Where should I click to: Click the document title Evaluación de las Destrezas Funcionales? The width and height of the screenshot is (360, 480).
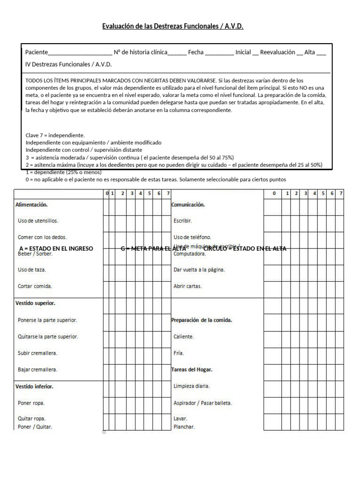(x=172, y=26)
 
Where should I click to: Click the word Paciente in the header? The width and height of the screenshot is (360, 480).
(x=37, y=52)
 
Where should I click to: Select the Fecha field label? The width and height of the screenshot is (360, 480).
(x=195, y=52)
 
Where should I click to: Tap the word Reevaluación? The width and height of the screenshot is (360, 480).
(x=277, y=52)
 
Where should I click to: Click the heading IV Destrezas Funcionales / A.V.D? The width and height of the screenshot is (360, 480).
(x=68, y=64)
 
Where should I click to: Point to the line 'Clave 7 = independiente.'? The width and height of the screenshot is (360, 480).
(x=55, y=135)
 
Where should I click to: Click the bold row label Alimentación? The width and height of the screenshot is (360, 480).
(x=31, y=205)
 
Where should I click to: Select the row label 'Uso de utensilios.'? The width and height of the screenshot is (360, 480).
(x=38, y=221)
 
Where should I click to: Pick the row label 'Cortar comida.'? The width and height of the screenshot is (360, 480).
(x=35, y=286)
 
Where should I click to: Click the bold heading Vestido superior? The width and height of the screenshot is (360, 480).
(x=35, y=303)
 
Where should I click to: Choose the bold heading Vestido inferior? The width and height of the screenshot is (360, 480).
(x=34, y=387)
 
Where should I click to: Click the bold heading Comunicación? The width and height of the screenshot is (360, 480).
(x=188, y=205)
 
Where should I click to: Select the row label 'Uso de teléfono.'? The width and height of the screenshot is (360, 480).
(x=192, y=237)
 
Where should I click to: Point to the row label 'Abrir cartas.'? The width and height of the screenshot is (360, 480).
(x=187, y=286)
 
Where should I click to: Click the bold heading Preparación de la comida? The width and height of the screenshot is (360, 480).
(x=202, y=320)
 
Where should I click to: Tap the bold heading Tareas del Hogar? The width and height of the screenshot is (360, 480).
(x=192, y=370)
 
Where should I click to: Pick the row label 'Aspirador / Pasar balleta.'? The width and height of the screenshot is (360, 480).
(x=202, y=403)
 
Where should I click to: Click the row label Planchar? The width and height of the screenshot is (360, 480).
(x=184, y=427)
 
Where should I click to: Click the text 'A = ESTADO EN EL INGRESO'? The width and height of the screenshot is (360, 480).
(x=56, y=248)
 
